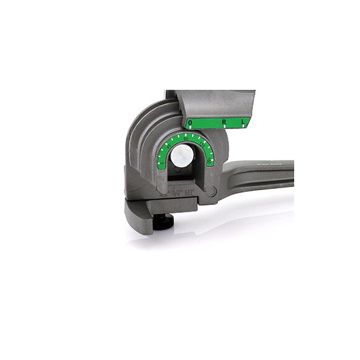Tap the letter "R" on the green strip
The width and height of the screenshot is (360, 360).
coord(225,123)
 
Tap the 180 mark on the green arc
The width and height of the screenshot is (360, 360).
coord(161,162)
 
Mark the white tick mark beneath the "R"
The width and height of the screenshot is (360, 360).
coord(225,128)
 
